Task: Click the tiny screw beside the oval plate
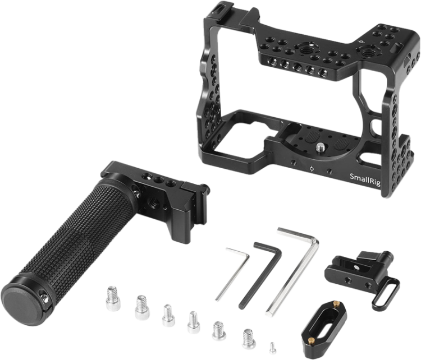click(x=273, y=348)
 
